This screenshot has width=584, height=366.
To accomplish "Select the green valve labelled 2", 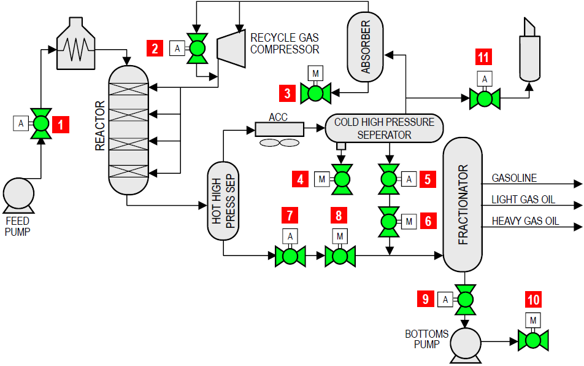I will [197, 48].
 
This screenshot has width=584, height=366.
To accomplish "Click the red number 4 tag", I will [301, 179].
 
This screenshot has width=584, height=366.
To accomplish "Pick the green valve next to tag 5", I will [388, 179].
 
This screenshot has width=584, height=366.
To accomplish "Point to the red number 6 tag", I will [428, 220].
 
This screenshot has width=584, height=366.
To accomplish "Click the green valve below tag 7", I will [290, 256].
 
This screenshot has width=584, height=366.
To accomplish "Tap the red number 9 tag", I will [426, 299].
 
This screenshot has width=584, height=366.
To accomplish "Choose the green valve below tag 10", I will [532, 340].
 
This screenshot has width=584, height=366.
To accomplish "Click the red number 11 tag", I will [484, 58].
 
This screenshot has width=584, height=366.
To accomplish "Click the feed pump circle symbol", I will [19, 195].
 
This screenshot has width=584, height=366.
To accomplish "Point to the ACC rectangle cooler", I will [280, 129].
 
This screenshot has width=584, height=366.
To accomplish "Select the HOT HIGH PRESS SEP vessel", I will [223, 201].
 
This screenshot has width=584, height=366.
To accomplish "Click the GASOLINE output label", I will [514, 179].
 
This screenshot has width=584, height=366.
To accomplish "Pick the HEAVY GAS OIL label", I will [525, 221].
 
